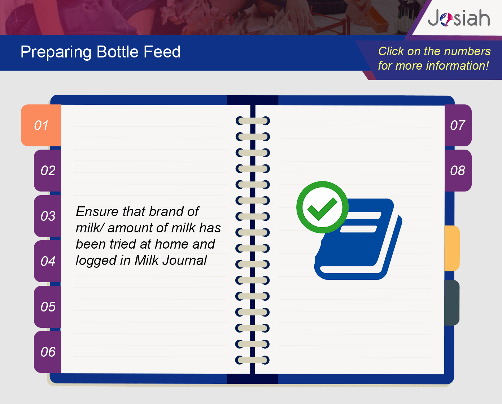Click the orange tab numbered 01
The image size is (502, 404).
tap(41, 125)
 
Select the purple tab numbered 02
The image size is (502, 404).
tap(48, 171)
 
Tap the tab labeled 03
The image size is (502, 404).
tap(48, 216)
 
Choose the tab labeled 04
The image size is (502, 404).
tap(48, 261)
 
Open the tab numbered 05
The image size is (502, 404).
tap(48, 306)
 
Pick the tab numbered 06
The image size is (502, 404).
tap(48, 352)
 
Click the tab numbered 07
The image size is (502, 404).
tap(458, 125)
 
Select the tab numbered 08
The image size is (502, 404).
tap(458, 171)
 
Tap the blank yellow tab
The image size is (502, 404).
tap(452, 248)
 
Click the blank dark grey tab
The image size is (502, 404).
tap(452, 302)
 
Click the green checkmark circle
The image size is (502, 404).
tap(322, 207)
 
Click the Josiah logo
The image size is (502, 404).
tap(459, 18)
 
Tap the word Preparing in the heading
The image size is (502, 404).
tap(56, 52)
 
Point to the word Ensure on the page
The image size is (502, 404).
tap(97, 211)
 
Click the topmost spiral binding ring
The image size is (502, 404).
tap(253, 121)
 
